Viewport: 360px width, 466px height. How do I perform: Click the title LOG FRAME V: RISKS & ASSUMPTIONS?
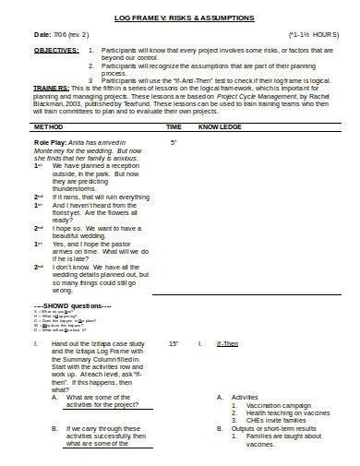[x=180, y=18]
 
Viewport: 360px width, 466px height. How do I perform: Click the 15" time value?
[x=174, y=343]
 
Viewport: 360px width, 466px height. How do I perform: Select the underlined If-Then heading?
[x=227, y=343]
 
